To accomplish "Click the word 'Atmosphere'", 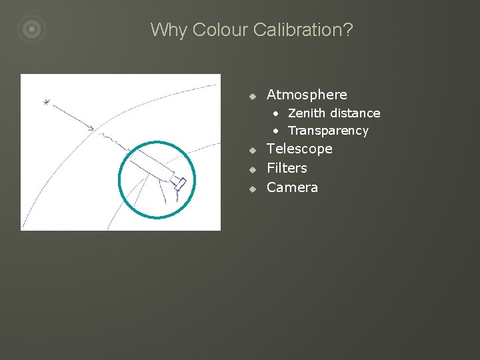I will click(x=307, y=95).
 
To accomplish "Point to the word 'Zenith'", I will click(x=307, y=113).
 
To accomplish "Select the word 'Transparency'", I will click(x=328, y=131).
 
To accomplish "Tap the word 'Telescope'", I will click(x=299, y=149).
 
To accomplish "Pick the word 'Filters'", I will click(x=287, y=168).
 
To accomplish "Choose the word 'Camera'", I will click(x=292, y=187).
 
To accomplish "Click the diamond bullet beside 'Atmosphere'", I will click(x=253, y=96).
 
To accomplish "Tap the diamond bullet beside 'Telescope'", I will click(x=253, y=150).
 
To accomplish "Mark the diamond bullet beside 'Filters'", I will click(x=253, y=169).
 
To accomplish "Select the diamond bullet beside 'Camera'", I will click(x=253, y=189).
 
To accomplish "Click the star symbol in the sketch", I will click(x=46, y=102).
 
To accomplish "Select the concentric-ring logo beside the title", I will click(x=31, y=29).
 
